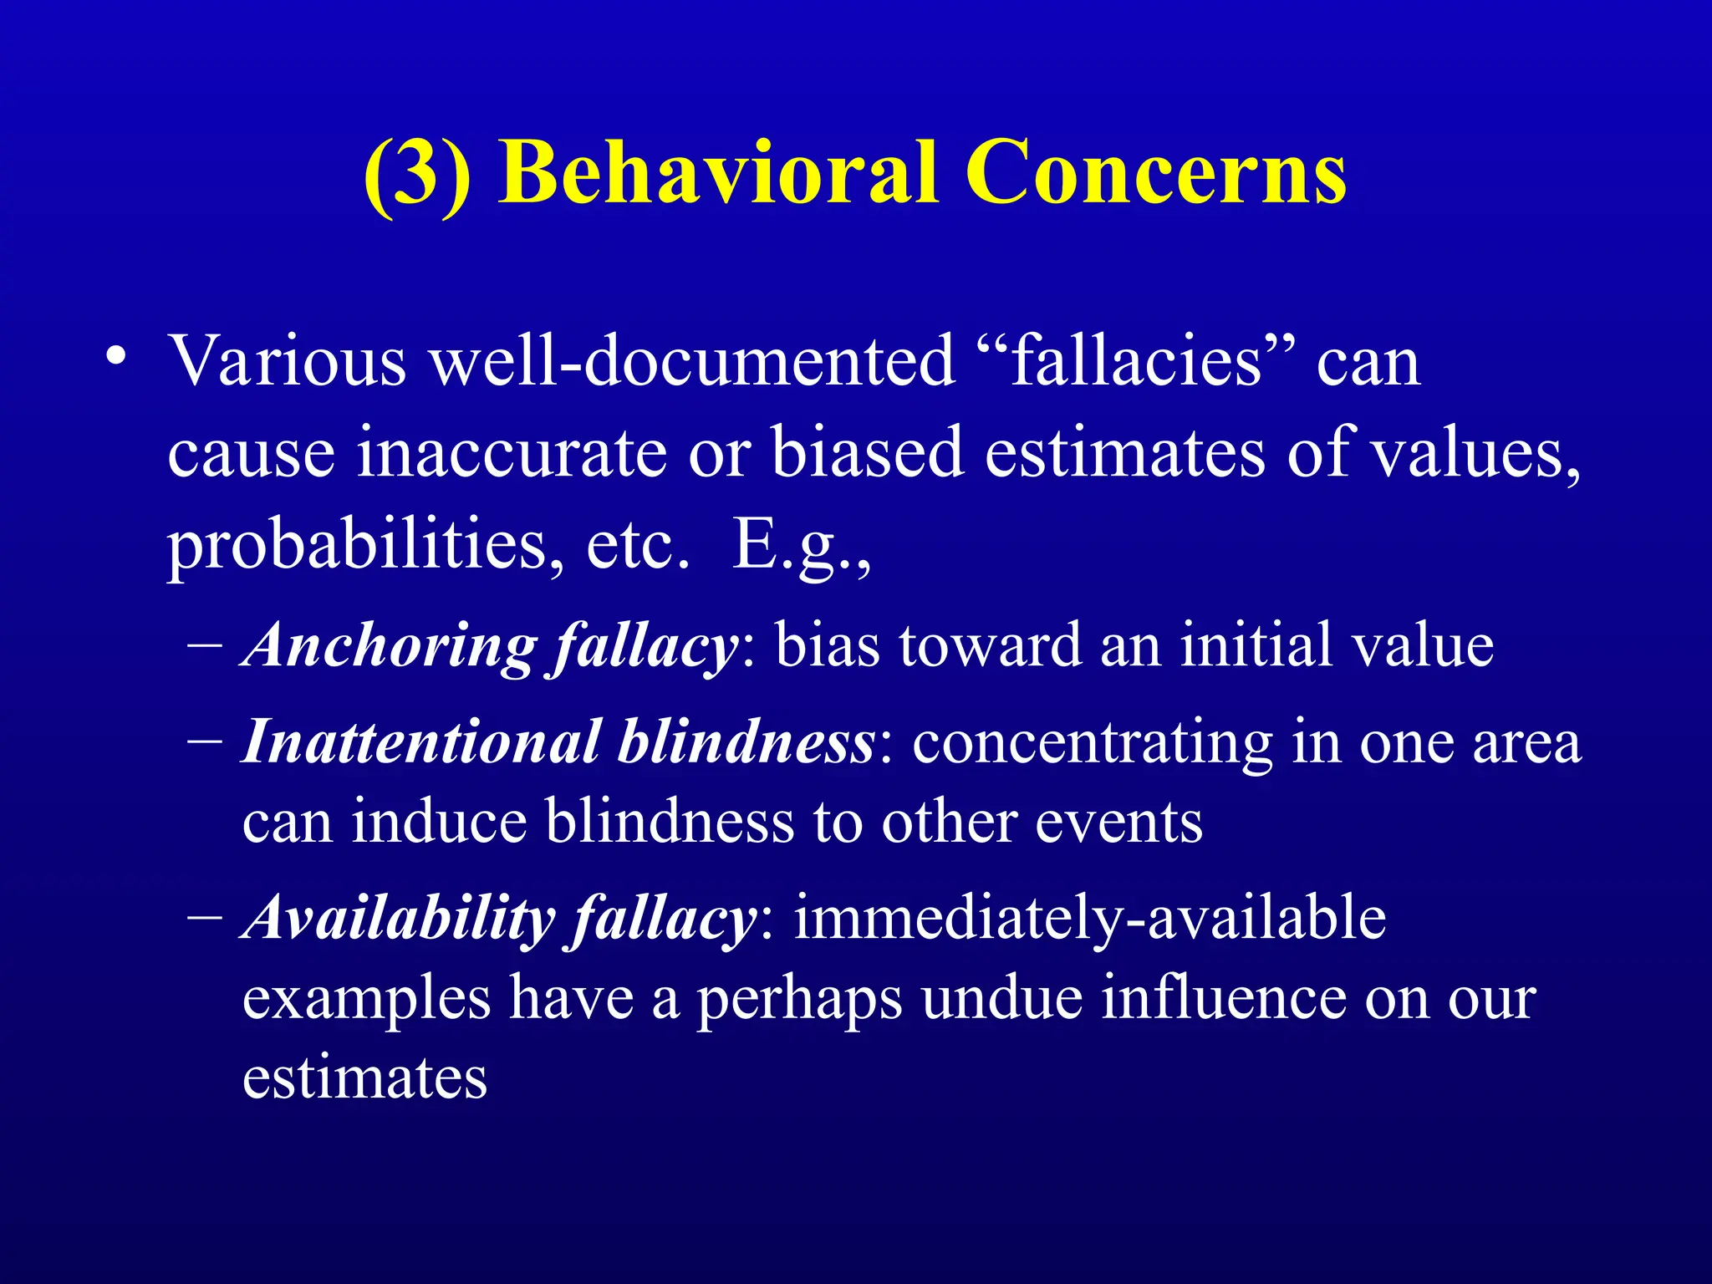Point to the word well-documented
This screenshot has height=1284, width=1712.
693,360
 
